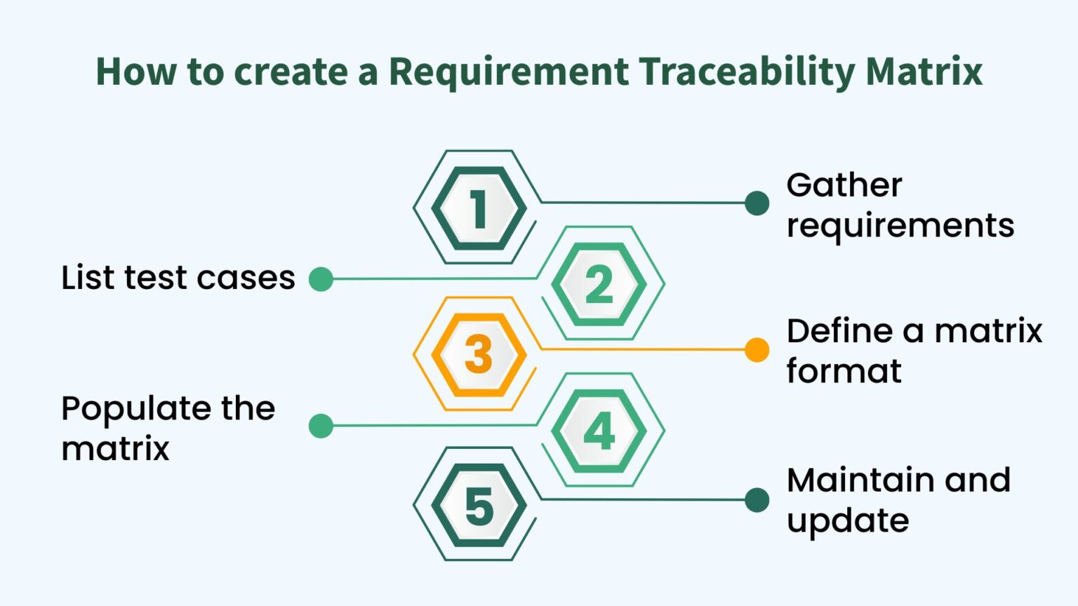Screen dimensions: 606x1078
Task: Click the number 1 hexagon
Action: (x=479, y=208)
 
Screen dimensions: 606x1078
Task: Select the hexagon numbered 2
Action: (x=599, y=284)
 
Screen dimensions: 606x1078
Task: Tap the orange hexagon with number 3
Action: (x=479, y=355)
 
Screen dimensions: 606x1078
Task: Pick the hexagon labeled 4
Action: (x=599, y=431)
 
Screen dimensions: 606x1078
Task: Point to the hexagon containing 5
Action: (x=479, y=506)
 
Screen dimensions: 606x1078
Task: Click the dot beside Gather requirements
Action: (x=757, y=203)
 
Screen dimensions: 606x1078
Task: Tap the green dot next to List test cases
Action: (x=321, y=279)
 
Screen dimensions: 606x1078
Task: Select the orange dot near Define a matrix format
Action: (x=757, y=349)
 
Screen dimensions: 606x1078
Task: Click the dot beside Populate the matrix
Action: (x=321, y=426)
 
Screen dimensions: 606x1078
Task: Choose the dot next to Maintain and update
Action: (x=757, y=500)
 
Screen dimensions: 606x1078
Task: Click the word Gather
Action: (x=844, y=186)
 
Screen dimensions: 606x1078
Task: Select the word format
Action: (x=844, y=371)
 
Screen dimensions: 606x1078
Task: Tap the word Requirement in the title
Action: (x=509, y=72)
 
